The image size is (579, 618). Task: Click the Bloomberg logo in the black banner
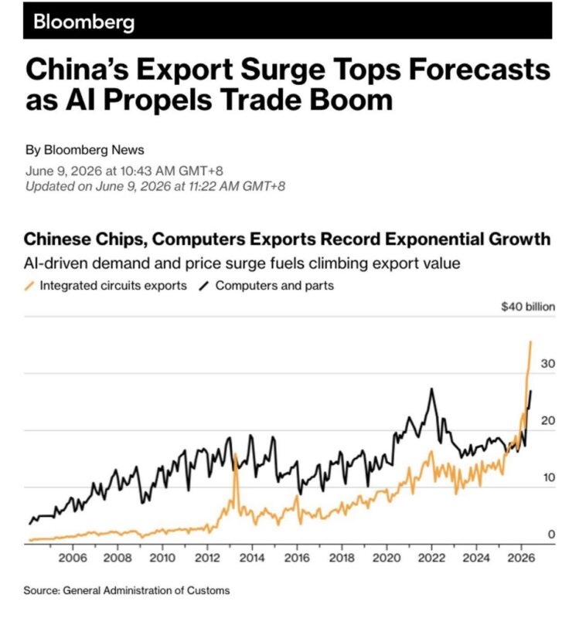(83, 22)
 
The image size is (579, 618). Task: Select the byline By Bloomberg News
(85, 150)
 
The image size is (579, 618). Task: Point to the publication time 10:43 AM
(147, 171)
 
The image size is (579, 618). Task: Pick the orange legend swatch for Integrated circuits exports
(29, 285)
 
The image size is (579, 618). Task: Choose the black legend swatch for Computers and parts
(203, 285)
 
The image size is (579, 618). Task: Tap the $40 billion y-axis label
(528, 307)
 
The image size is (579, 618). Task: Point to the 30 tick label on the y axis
(548, 363)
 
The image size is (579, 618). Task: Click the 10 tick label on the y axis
(549, 477)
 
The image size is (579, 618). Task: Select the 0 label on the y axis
(551, 534)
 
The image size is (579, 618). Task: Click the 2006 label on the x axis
(73, 558)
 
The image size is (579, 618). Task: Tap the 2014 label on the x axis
(252, 558)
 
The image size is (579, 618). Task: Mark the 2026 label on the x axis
(522, 558)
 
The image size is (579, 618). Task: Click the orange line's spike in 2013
(236, 454)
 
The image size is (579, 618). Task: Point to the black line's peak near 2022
(432, 389)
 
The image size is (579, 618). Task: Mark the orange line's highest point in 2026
(531, 341)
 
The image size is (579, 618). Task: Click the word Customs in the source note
(208, 590)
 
